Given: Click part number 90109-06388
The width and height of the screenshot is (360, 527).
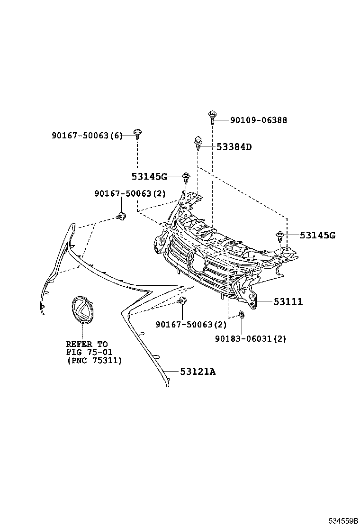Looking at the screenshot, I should click(x=258, y=120).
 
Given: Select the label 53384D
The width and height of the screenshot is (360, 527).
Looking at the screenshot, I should click(x=234, y=147).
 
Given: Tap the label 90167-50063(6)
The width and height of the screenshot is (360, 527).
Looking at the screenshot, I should click(x=87, y=136).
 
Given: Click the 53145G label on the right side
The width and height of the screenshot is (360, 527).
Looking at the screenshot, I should click(x=317, y=235).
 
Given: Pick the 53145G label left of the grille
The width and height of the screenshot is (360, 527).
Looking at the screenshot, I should click(x=149, y=177).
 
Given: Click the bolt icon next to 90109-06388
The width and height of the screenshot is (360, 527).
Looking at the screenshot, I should click(x=212, y=116).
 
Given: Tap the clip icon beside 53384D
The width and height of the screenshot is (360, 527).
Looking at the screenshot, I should click(x=198, y=143).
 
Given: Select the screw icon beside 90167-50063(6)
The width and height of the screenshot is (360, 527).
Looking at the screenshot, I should click(x=137, y=133).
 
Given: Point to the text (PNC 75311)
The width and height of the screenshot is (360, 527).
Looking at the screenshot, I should click(x=94, y=361).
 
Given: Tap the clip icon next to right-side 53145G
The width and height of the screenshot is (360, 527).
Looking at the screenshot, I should click(x=280, y=235).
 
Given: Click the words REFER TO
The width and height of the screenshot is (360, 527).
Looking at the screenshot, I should click(x=87, y=344).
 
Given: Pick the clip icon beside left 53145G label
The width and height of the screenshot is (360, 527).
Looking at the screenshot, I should click(x=186, y=178).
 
